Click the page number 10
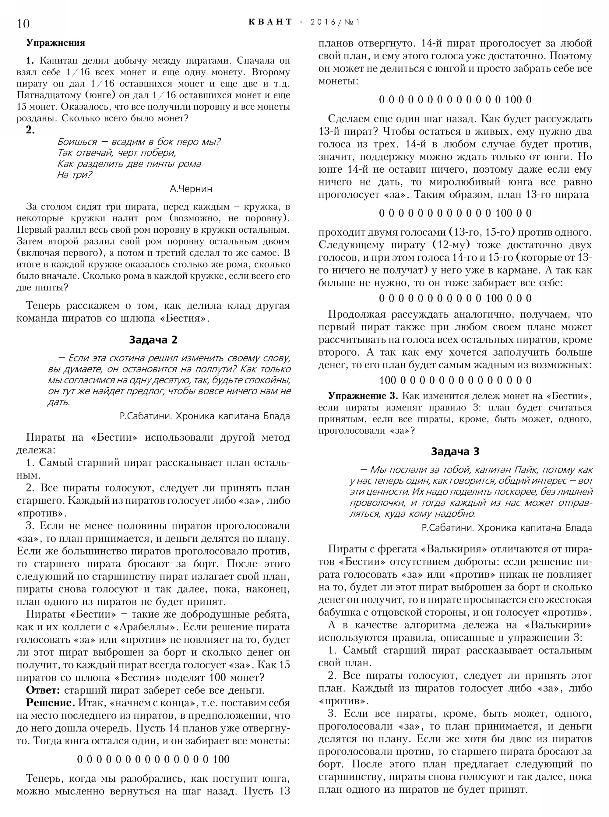23,23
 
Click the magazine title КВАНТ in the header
270,22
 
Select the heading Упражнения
55,43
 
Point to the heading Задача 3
455,451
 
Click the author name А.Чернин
191,189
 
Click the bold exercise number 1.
30,61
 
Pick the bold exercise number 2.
30,130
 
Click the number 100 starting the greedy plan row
387,380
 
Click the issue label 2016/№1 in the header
335,22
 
